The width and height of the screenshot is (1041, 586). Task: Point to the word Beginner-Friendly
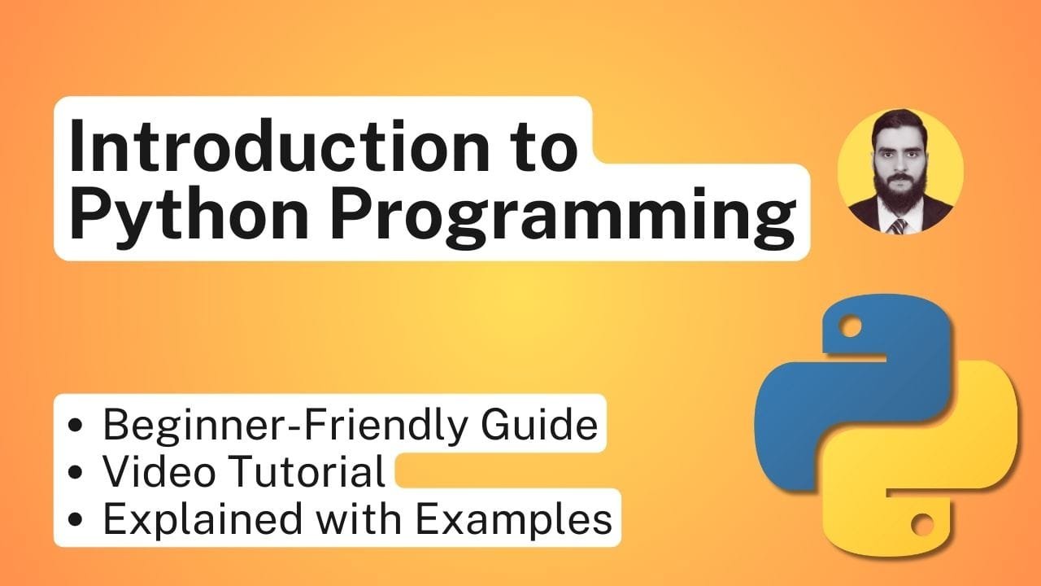pos(285,424)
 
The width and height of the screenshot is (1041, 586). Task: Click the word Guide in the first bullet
pos(539,423)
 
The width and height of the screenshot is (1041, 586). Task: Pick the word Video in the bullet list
pos(159,470)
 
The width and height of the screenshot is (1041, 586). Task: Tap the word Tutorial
pos(307,470)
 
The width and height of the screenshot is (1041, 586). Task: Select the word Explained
pos(203,518)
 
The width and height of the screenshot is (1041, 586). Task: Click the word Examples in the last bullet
pos(513,518)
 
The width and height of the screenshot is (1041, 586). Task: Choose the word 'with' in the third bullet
pos(359,517)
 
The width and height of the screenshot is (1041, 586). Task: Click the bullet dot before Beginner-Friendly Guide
pos(75,425)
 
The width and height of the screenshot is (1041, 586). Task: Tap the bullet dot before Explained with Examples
pos(75,520)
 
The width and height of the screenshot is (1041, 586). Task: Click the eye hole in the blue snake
pos(850,326)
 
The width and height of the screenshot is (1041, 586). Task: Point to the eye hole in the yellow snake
pos(922,524)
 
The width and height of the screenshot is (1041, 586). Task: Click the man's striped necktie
pos(898,226)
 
